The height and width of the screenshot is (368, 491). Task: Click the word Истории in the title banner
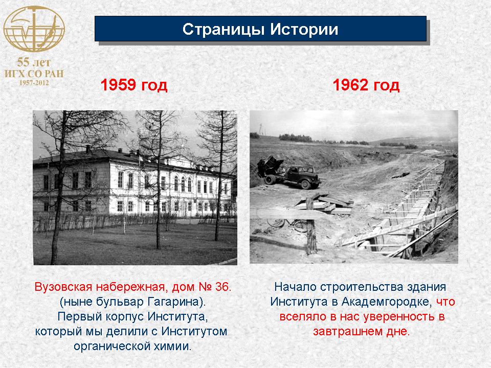pyautogui.click(x=304, y=29)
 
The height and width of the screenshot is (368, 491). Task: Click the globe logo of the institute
pyautogui.click(x=34, y=29)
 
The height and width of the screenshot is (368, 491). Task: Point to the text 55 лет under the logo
pyautogui.click(x=34, y=62)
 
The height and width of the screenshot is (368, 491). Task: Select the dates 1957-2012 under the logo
pyautogui.click(x=34, y=83)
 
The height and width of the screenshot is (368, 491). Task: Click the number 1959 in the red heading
pyautogui.click(x=118, y=85)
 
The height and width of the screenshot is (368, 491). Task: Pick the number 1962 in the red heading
pyautogui.click(x=350, y=85)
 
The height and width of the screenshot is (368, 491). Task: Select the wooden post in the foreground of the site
pyautogui.click(x=310, y=226)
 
